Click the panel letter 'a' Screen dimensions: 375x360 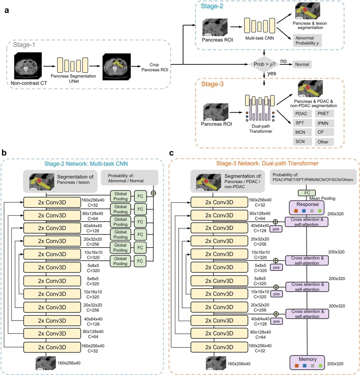point(7,10)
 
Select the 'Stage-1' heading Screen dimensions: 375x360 point(24,44)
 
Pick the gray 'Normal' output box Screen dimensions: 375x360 point(302,64)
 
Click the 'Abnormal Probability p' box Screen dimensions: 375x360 point(307,41)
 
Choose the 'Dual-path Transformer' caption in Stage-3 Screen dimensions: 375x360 point(260,129)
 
